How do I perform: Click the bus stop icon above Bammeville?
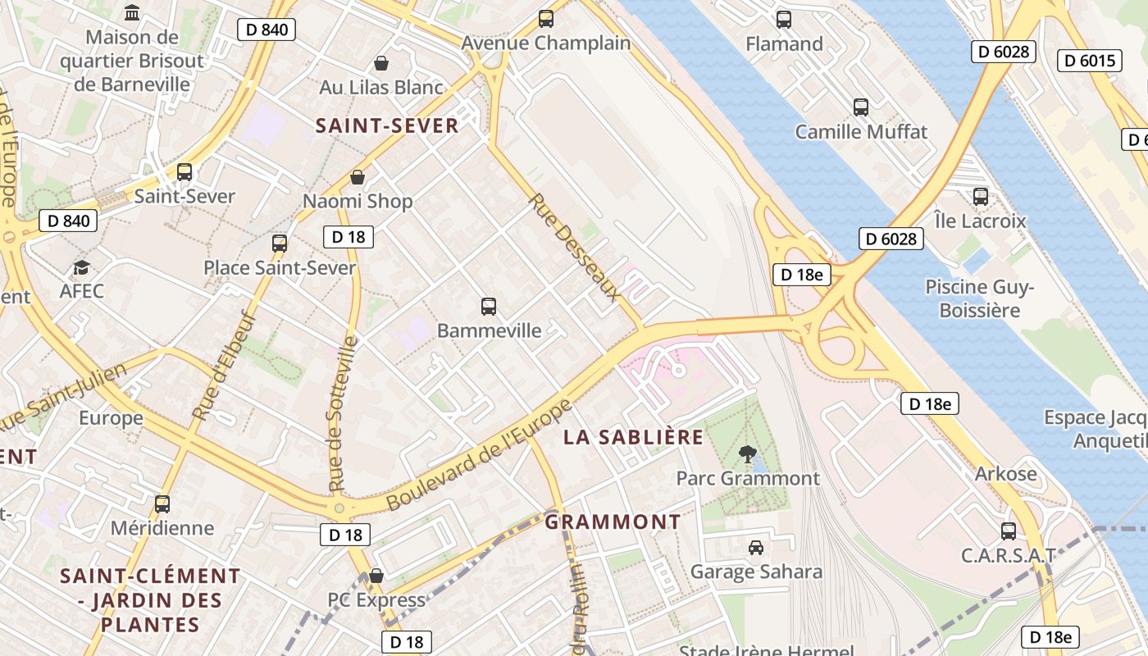click(x=489, y=307)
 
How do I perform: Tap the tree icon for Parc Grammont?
click(x=747, y=453)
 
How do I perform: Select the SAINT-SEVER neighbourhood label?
click(x=387, y=125)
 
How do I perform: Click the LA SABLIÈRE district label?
click(x=633, y=437)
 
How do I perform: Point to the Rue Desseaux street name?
click(x=572, y=246)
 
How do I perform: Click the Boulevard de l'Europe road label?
click(x=479, y=456)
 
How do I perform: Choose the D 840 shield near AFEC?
click(x=69, y=221)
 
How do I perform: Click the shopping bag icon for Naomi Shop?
click(x=358, y=177)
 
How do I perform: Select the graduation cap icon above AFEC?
click(x=81, y=268)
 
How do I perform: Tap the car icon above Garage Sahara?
click(x=756, y=547)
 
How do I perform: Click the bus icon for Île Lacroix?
click(x=980, y=197)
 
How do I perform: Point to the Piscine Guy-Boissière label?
click(x=980, y=298)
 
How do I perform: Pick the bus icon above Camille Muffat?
click(x=861, y=107)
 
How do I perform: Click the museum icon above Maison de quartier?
click(x=131, y=12)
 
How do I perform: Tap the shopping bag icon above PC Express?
click(x=376, y=576)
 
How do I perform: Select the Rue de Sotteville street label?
click(x=343, y=414)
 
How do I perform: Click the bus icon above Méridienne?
click(x=162, y=503)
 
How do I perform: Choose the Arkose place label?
click(x=1005, y=474)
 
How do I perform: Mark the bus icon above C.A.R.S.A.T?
click(x=1008, y=531)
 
